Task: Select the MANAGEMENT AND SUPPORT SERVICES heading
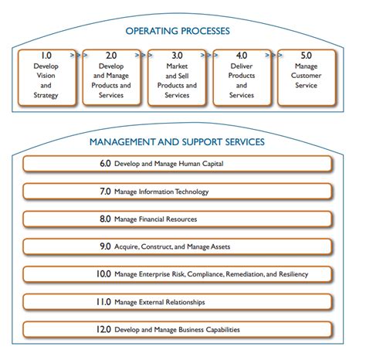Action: (x=177, y=142)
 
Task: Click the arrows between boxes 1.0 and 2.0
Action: (x=75, y=56)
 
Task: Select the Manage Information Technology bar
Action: (x=177, y=192)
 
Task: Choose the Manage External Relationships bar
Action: (x=177, y=302)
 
